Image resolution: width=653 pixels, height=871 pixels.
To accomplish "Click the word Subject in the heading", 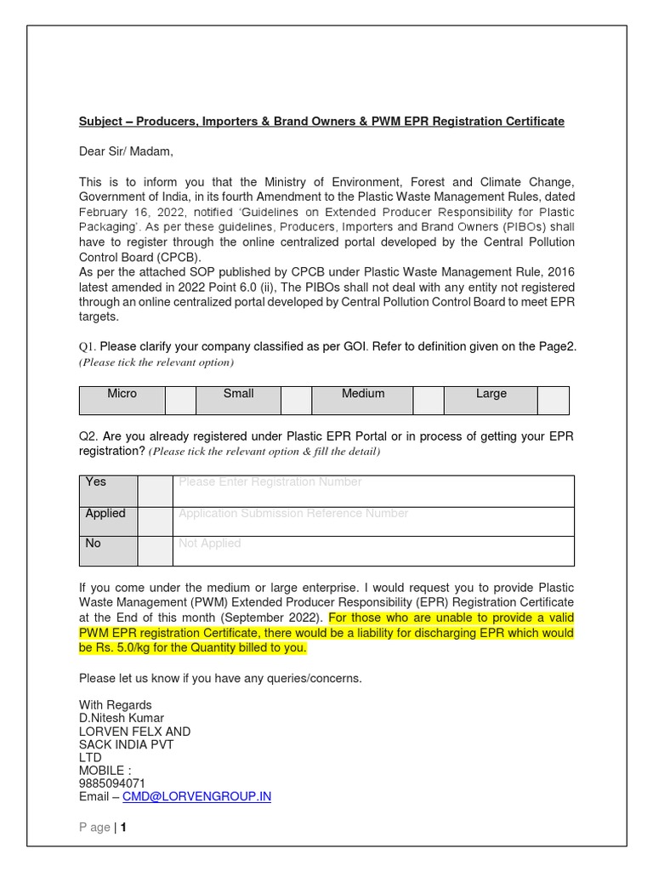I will (100, 122).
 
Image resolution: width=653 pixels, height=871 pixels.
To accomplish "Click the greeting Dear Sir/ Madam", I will (126, 151).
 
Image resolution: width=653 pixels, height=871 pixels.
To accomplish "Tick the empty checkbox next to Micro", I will (180, 400).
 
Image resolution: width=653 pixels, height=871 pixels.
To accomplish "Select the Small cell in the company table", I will (238, 400).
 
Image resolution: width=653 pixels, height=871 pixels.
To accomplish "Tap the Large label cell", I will (491, 400).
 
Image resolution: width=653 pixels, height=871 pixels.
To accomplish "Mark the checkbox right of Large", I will (553, 400).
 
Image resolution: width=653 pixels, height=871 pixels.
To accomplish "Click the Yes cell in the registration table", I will (107, 491).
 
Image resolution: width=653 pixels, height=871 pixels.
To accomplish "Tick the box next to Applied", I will (155, 521).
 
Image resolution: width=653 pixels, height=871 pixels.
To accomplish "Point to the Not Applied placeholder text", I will (210, 544).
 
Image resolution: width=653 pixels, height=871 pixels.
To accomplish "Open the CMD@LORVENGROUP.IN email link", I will (197, 797).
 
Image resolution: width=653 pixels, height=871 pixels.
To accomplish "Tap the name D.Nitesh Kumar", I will (122, 719).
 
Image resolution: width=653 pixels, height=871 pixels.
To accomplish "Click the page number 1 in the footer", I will (123, 828).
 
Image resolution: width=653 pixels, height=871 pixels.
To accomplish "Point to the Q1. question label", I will (88, 347).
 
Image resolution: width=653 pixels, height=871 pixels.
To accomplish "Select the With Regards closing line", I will (116, 705).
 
